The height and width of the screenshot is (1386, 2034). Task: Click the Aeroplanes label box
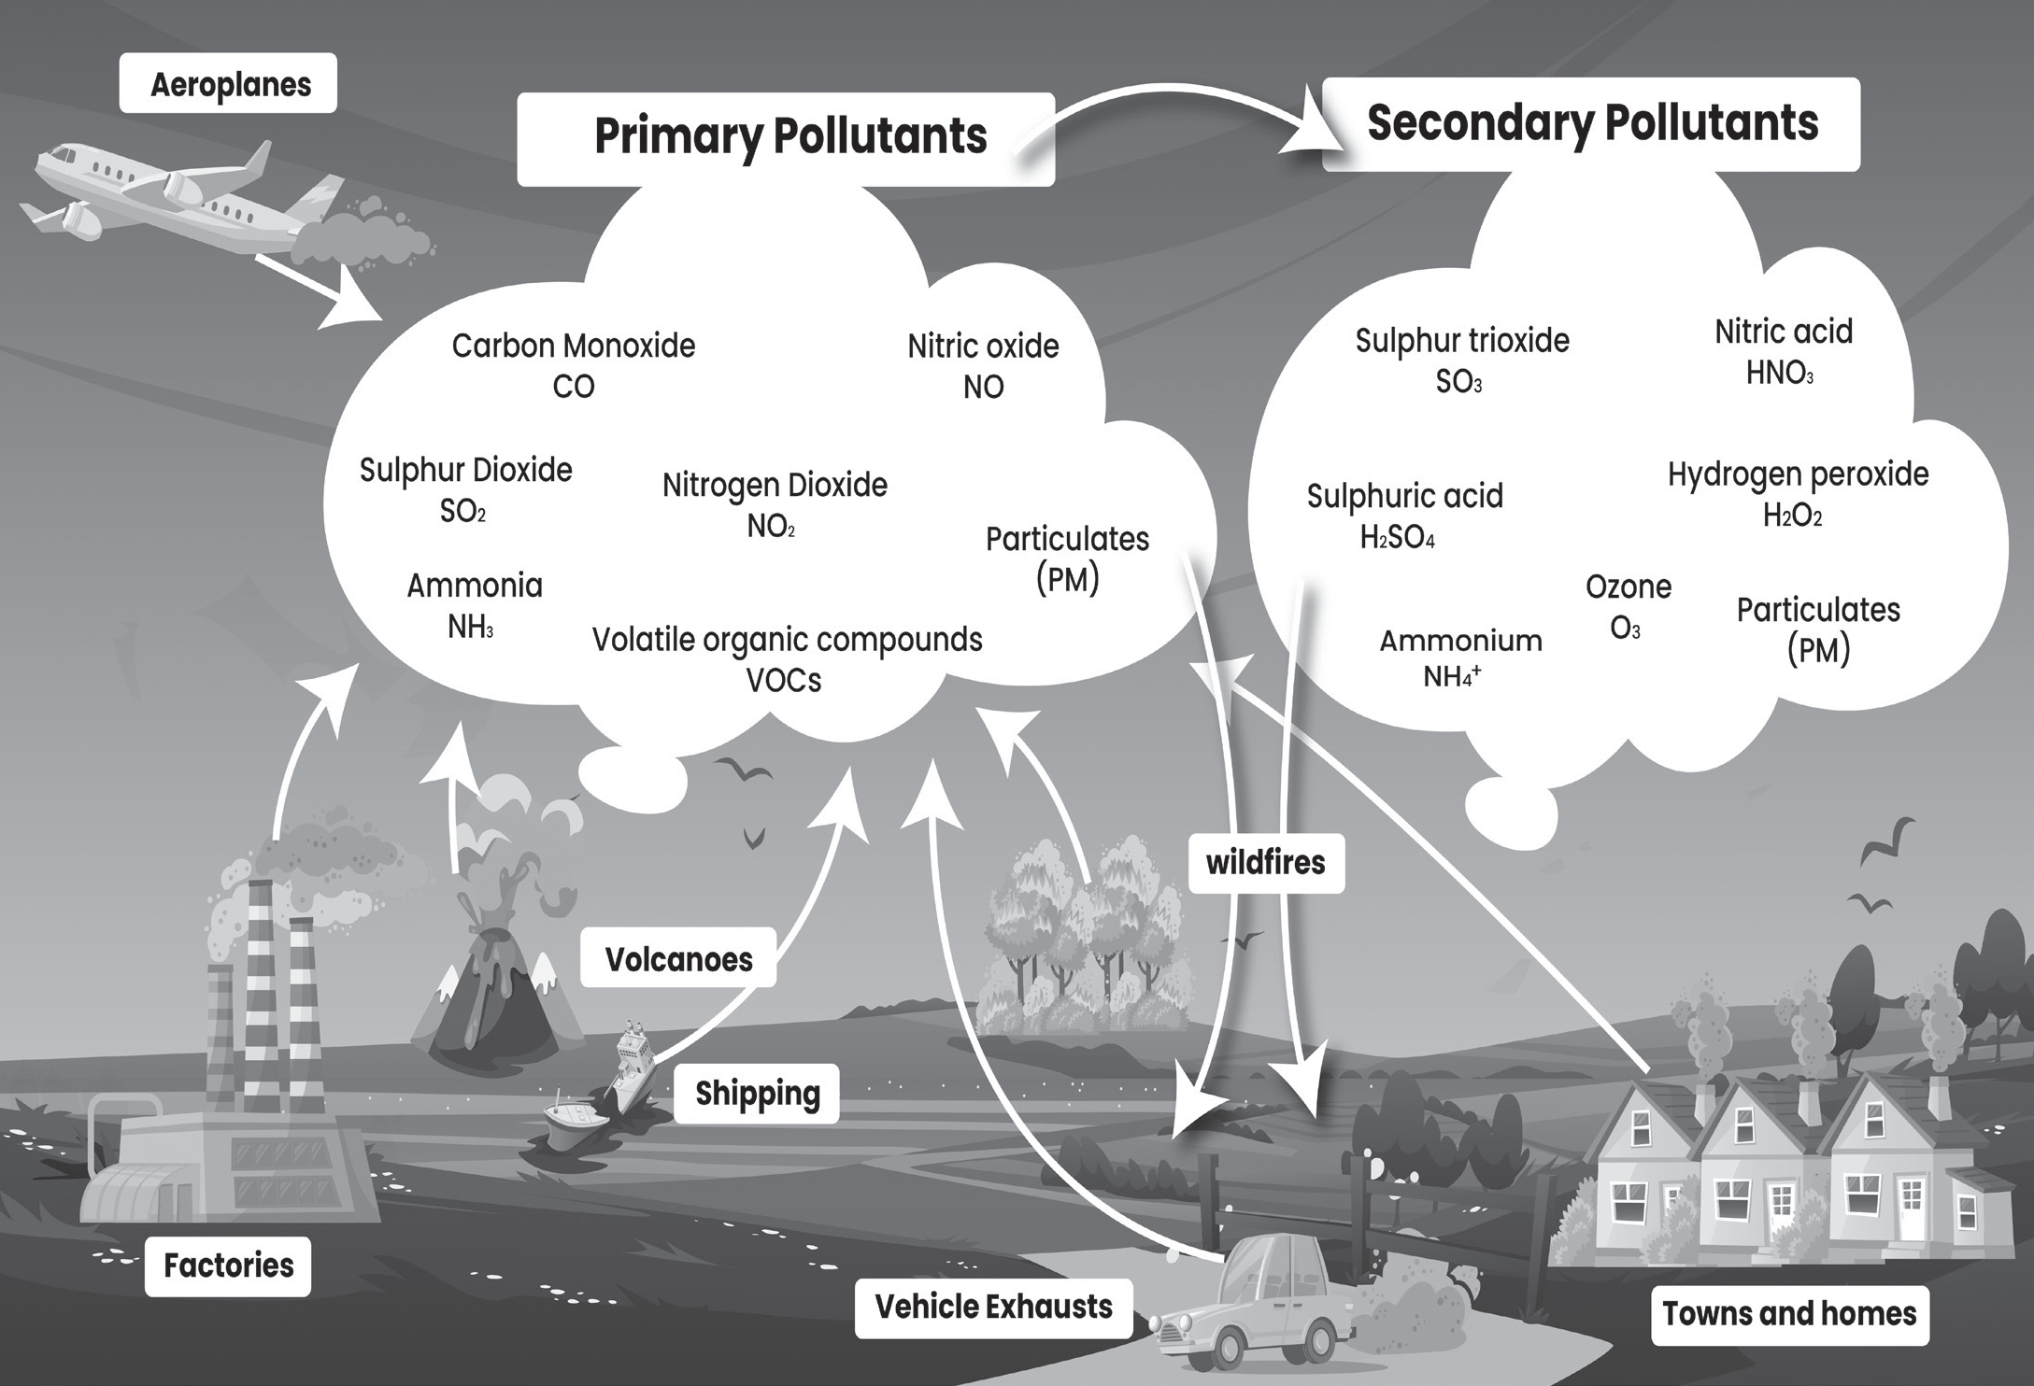(x=228, y=84)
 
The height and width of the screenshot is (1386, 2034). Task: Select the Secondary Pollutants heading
(x=1591, y=124)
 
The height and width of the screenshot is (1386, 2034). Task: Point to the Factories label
(x=228, y=1266)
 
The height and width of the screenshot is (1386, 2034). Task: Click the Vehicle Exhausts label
(x=993, y=1307)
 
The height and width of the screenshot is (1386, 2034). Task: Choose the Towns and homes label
(x=1789, y=1314)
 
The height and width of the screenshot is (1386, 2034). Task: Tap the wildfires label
(x=1266, y=862)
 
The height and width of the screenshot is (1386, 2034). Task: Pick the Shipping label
(x=758, y=1093)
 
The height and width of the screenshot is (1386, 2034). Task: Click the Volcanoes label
(x=678, y=958)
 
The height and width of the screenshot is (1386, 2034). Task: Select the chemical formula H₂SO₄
(x=1398, y=538)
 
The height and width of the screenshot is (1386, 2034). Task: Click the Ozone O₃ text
(x=1628, y=607)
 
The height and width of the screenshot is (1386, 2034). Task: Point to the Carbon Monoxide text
(x=574, y=346)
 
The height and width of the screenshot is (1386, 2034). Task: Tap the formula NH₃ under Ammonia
(x=470, y=627)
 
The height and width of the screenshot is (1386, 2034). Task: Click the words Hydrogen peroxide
(x=1798, y=475)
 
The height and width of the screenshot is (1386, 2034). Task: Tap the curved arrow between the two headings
(x=1179, y=91)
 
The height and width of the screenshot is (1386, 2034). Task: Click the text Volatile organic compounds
(x=787, y=640)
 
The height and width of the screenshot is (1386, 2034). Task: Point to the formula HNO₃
(x=1779, y=373)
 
